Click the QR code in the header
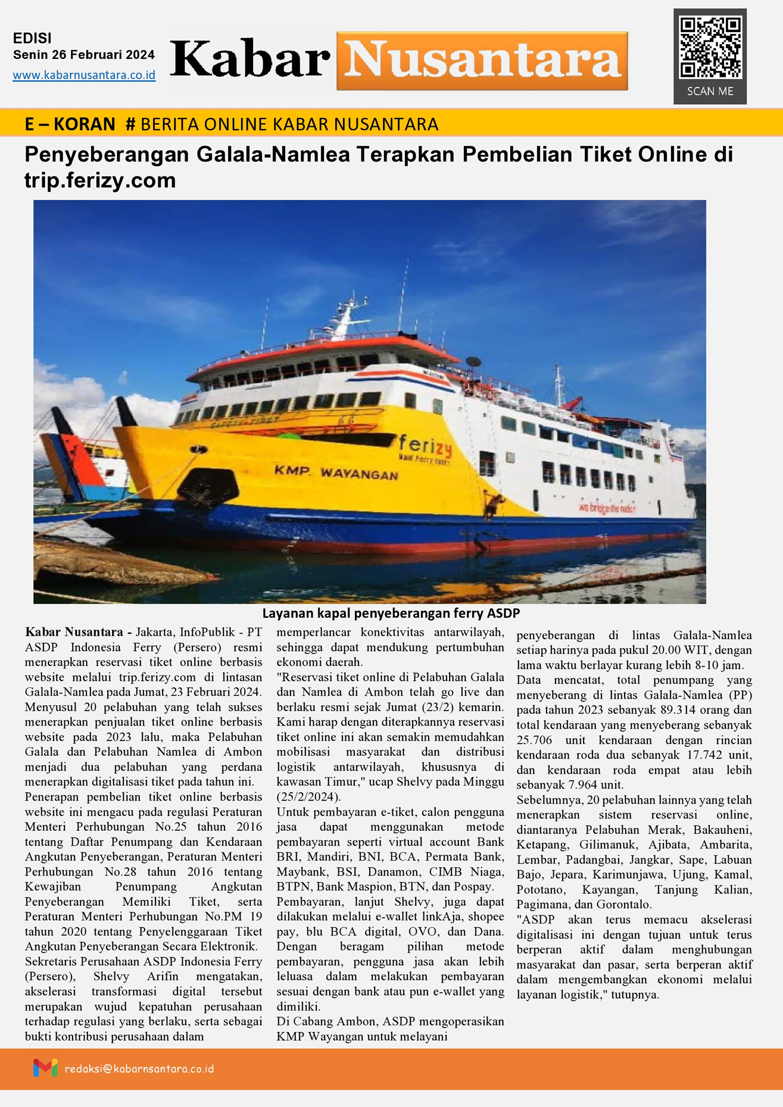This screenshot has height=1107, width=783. [710, 48]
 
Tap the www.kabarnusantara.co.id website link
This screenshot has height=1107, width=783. [84, 76]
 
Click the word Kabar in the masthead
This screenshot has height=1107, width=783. [250, 60]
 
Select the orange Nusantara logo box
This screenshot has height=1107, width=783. [482, 61]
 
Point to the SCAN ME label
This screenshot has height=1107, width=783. [710, 92]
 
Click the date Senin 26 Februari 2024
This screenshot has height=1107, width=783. [84, 55]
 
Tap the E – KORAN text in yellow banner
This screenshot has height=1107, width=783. [70, 124]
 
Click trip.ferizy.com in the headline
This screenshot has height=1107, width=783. [100, 180]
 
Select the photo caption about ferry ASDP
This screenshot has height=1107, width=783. [391, 613]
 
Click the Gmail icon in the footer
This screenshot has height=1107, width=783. [45, 1068]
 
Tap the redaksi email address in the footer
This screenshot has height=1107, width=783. [139, 1069]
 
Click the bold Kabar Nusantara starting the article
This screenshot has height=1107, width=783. [74, 632]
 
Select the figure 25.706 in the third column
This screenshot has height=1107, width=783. [534, 740]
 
